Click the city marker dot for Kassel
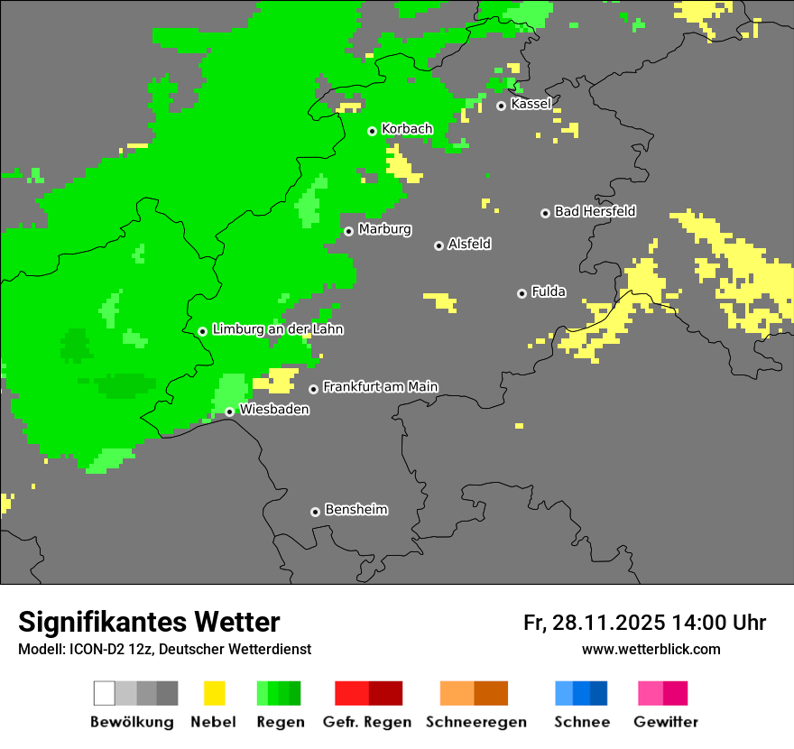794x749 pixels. [502, 106]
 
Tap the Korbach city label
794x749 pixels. [407, 129]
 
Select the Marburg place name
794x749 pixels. [384, 229]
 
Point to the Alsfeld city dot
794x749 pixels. [439, 245]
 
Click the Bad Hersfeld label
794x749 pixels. [595, 211]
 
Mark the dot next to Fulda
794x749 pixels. [522, 293]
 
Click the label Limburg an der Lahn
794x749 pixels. [277, 329]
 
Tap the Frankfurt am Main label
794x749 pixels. [380, 387]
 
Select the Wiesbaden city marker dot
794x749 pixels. [230, 411]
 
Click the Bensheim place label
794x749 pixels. [355, 510]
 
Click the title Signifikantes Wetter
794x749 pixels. [149, 623]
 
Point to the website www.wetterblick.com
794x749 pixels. [651, 649]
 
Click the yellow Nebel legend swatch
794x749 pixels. [214, 693]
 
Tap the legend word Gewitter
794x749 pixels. [665, 722]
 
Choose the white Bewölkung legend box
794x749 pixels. [105, 693]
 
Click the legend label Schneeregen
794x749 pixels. [475, 722]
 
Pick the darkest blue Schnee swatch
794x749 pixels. [598, 693]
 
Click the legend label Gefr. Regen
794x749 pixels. [366, 722]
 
